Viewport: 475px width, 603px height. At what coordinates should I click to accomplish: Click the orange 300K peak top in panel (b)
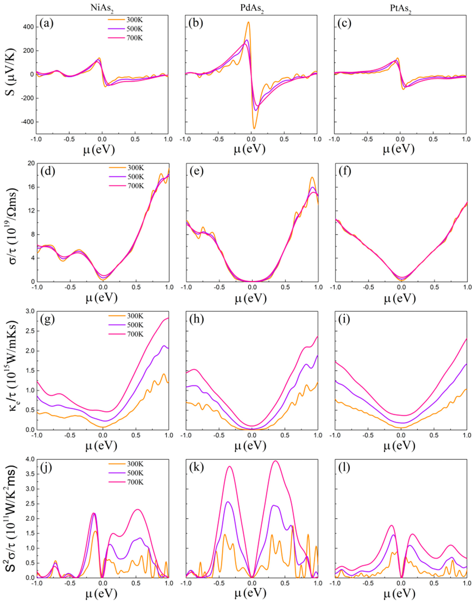coord(248,22)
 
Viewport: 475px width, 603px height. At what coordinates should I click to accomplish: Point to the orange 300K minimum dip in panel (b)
coord(254,128)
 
